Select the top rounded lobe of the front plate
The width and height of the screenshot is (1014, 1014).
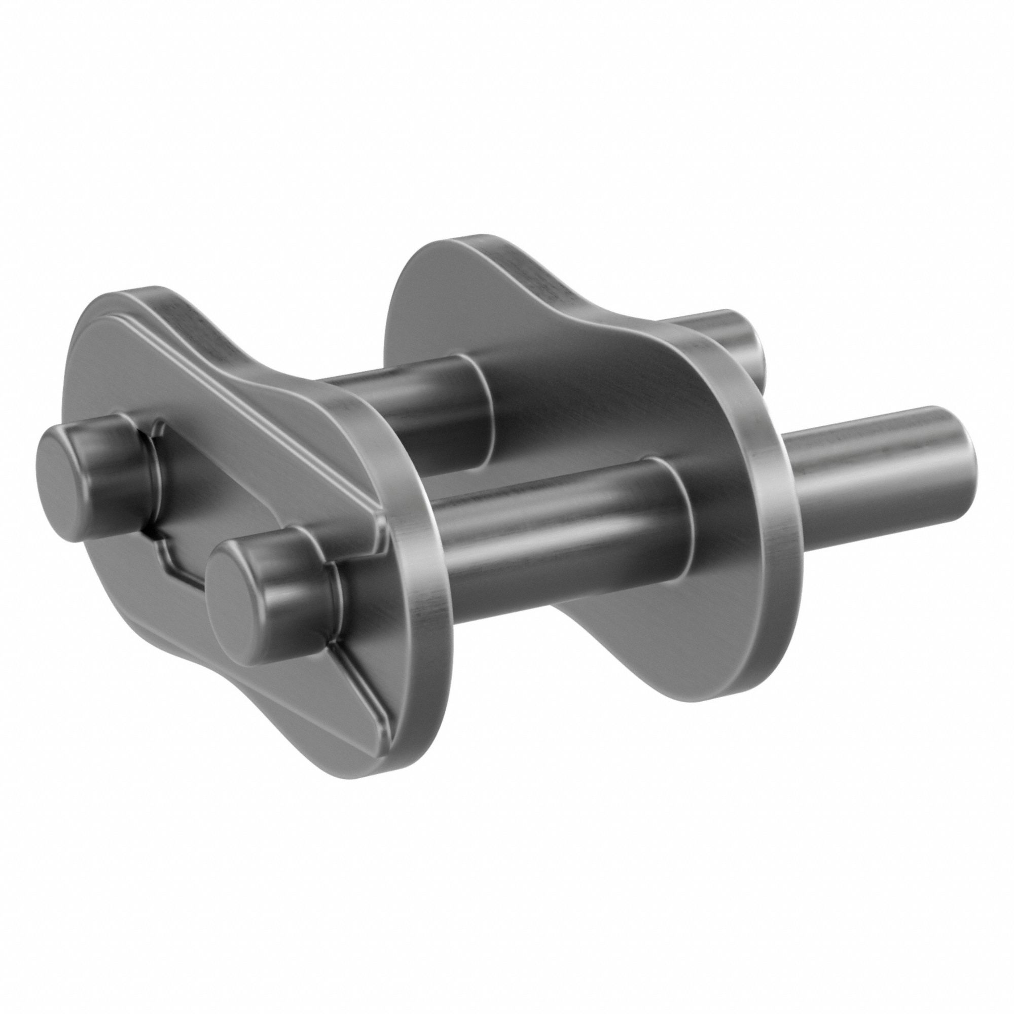[x=126, y=315]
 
